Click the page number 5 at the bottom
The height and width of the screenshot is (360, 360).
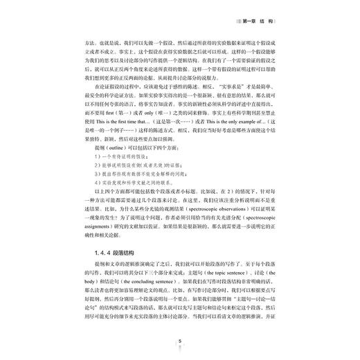(x=179, y=340)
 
